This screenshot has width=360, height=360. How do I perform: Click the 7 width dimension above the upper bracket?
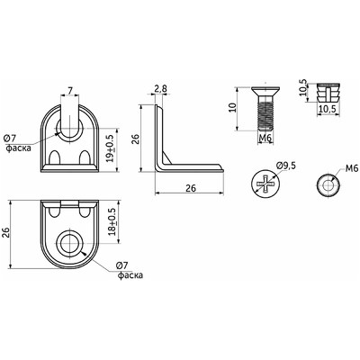pos(70,90)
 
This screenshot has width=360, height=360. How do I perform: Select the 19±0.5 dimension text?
pos(110,148)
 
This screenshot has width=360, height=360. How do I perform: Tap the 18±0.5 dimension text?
pos(112,221)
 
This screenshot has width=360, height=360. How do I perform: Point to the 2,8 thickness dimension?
pos(161,89)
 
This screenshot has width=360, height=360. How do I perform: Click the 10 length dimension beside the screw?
pos(232,107)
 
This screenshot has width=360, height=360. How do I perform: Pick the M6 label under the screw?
pos(265,138)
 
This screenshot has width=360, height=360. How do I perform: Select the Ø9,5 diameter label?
pos(286,165)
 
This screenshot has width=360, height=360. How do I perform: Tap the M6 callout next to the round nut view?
pos(352,168)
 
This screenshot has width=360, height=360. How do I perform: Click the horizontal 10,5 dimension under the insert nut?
pos(327,110)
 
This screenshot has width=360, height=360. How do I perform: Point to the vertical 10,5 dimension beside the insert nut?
pos(304,87)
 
